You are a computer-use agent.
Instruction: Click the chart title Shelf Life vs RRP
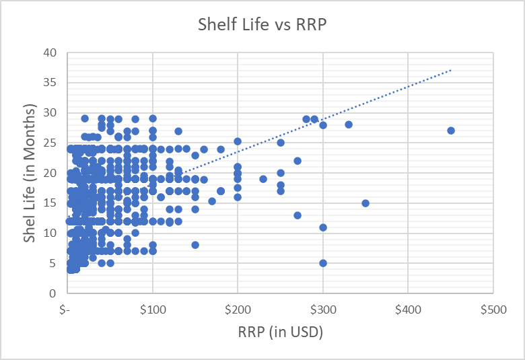[262, 24]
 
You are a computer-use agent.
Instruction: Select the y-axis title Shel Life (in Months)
[30, 174]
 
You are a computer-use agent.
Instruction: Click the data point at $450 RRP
[451, 131]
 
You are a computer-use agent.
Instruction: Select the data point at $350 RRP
[365, 203]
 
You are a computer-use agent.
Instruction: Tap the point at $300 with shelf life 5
[323, 263]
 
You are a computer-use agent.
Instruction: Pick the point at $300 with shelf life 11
[323, 227]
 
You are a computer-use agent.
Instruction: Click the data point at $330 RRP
[349, 124]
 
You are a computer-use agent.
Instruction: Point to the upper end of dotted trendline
[451, 69]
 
